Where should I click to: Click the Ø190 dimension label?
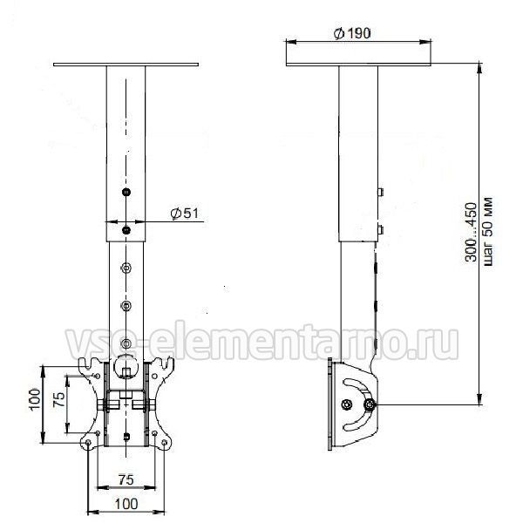coord(352,33)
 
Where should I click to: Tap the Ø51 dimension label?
coord(184,214)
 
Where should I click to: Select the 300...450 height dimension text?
coord(472,232)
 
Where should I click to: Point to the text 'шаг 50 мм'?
coord(487,231)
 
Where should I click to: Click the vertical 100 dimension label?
coord(35,399)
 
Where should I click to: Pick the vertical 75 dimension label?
coord(59,399)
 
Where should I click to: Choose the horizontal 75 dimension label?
coord(126,479)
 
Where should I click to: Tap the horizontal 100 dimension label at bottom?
coord(126,504)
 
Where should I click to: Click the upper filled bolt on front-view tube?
coord(126,192)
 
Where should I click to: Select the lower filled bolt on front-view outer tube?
coord(126,230)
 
